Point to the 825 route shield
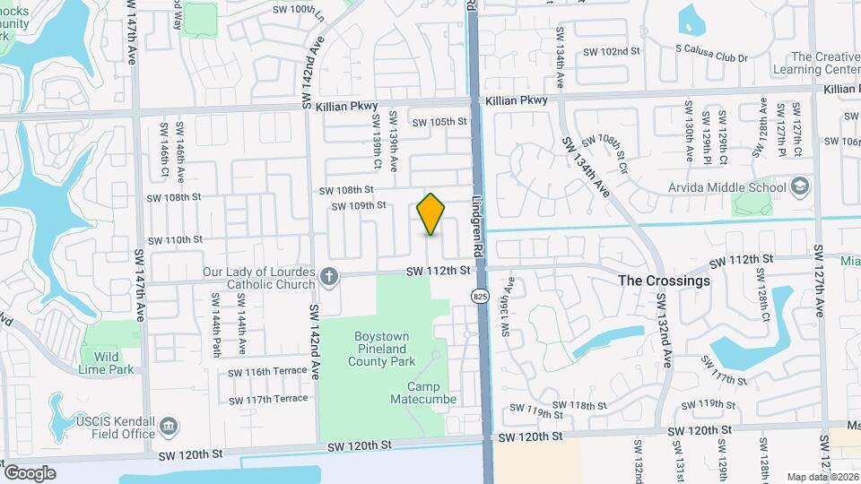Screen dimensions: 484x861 (482, 295)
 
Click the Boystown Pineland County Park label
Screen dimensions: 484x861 (381, 349)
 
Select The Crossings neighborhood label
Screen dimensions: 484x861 (665, 281)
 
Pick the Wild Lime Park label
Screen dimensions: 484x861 (100, 362)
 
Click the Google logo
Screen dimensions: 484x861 (30, 472)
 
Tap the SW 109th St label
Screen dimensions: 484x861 (358, 205)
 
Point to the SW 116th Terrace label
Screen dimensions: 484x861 (267, 372)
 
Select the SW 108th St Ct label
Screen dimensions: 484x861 (614, 142)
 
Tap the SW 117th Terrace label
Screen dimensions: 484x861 (267, 399)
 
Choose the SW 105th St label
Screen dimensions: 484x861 (439, 122)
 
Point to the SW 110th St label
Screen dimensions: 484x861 (177, 239)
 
